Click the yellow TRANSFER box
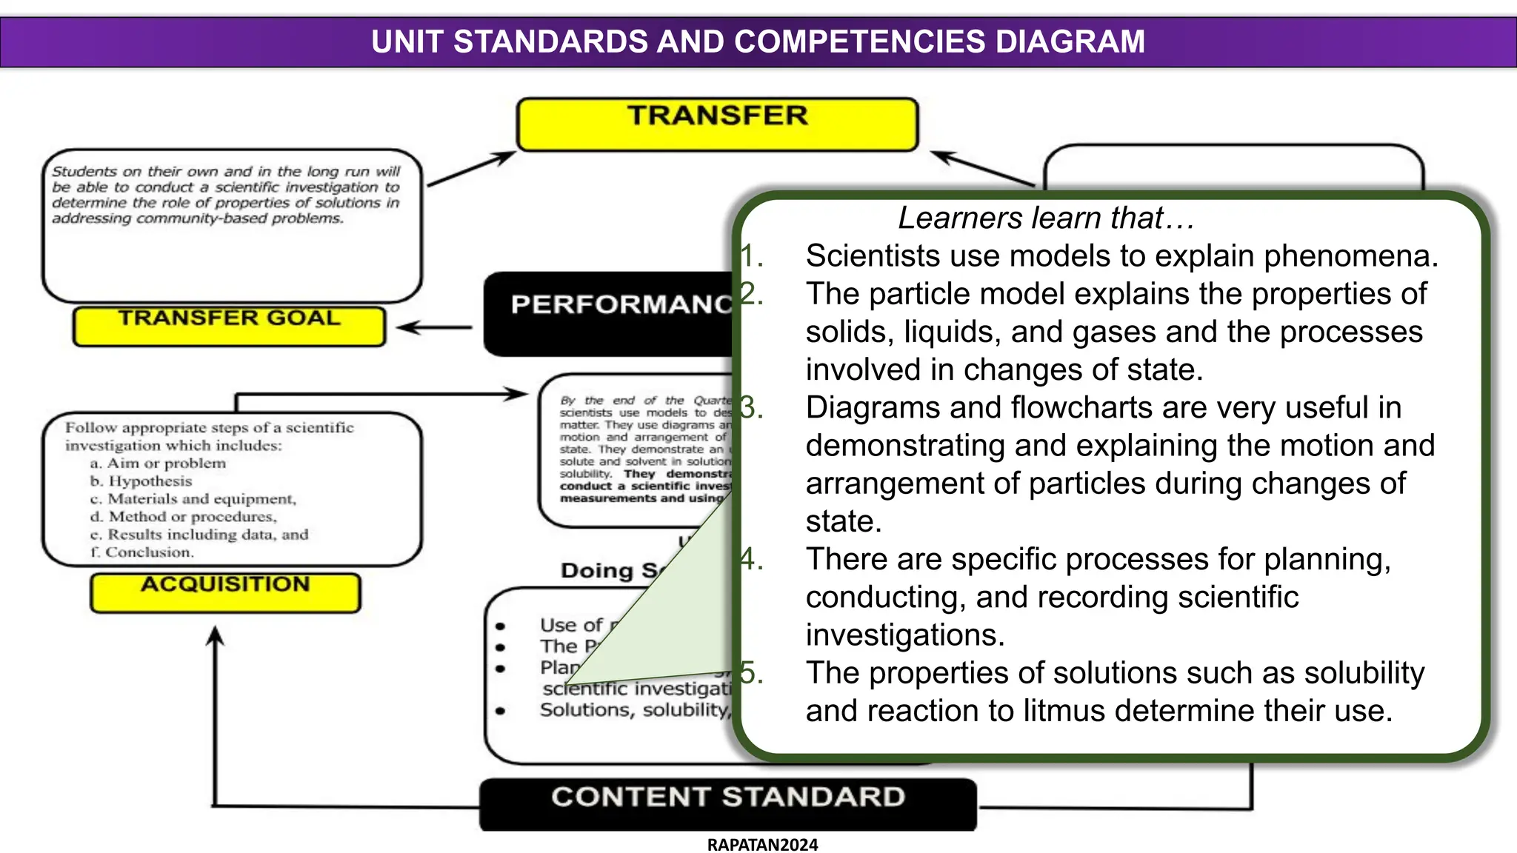tap(717, 124)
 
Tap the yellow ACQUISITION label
tap(225, 592)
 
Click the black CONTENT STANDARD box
tap(727, 803)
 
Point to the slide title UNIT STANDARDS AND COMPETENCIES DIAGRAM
tap(758, 41)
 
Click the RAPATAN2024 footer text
tap(762, 845)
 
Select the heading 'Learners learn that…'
tap(1045, 218)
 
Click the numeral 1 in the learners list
tap(750, 256)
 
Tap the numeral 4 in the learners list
tap(750, 559)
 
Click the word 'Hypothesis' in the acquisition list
tap(150, 481)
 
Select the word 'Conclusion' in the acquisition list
tap(149, 552)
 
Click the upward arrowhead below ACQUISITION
tap(215, 637)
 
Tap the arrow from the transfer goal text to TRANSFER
tap(471, 168)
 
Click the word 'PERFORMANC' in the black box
tap(621, 304)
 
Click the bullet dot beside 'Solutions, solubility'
tap(501, 711)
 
